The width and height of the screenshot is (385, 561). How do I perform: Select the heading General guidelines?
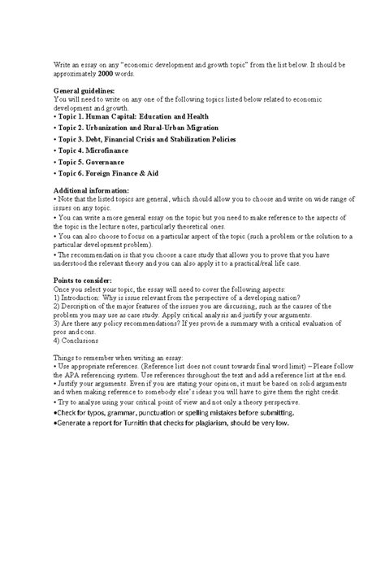pos(84,91)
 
